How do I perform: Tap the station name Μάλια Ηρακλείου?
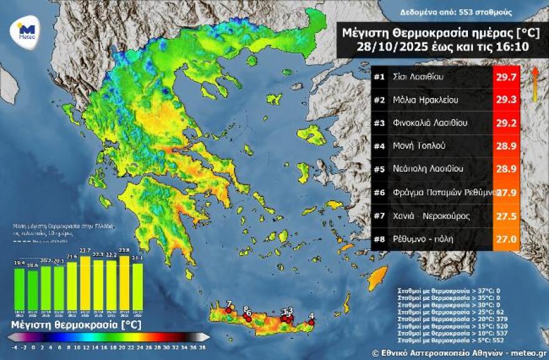click(420, 99)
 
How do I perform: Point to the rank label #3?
click(379, 122)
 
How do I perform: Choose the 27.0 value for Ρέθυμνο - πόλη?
click(506, 239)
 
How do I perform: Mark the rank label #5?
click(379, 168)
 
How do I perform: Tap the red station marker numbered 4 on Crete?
click(311, 323)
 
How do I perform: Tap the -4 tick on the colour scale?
click(14, 347)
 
